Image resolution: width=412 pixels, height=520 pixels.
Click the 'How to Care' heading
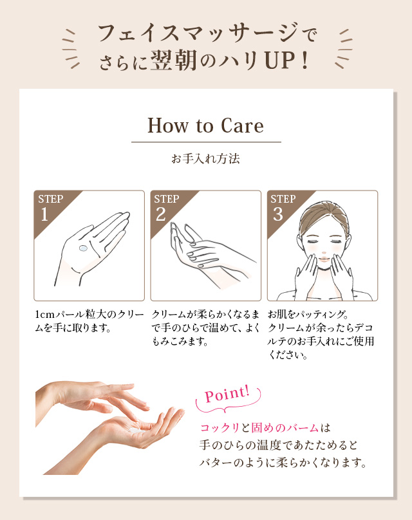[x=206, y=125]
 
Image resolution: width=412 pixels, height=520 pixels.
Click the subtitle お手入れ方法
[x=206, y=158]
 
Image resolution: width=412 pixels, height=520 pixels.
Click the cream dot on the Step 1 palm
[x=82, y=248]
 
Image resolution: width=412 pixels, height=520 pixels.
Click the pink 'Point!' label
[x=227, y=394]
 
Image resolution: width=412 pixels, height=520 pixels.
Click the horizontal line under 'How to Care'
[x=206, y=142]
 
